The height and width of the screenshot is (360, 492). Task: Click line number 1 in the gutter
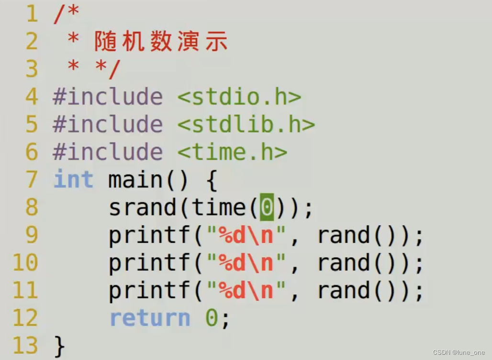tap(31, 14)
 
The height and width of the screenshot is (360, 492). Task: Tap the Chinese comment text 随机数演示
tap(160, 42)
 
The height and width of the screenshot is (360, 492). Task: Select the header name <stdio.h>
tap(239, 97)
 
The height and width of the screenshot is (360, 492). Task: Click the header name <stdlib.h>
tap(246, 125)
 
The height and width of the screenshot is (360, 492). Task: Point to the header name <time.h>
tap(232, 153)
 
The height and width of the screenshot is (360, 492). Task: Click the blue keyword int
tap(73, 180)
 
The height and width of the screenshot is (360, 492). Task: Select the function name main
tap(135, 180)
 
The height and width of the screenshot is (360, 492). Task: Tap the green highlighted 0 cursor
tap(267, 208)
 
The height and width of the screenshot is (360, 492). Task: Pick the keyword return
tap(150, 318)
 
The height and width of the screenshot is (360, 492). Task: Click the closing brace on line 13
tap(59, 346)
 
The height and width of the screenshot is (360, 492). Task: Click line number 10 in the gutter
tap(25, 263)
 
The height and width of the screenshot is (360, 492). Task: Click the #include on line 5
tap(108, 125)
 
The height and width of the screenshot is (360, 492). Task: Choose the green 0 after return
tap(212, 318)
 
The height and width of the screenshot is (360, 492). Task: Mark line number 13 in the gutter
tap(25, 346)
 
